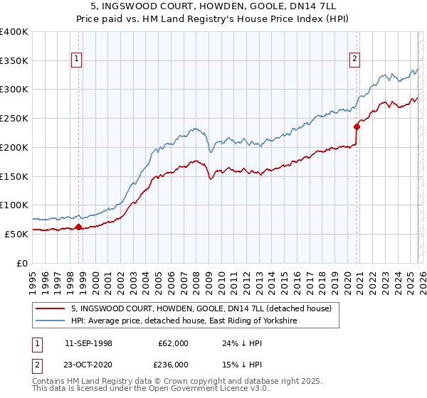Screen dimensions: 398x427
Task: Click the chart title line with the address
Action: [213, 6]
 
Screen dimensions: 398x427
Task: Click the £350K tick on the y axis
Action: [14, 61]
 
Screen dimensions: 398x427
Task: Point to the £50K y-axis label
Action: [16, 234]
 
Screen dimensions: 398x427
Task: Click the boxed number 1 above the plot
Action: [76, 60]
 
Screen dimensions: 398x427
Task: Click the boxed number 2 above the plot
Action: [354, 60]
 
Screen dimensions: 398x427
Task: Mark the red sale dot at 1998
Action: [78, 227]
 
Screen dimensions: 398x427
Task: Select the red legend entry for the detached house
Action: [201, 309]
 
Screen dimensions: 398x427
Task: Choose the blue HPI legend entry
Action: [183, 321]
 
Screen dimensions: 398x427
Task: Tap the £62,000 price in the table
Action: [173, 343]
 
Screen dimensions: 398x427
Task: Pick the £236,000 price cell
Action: [173, 364]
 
